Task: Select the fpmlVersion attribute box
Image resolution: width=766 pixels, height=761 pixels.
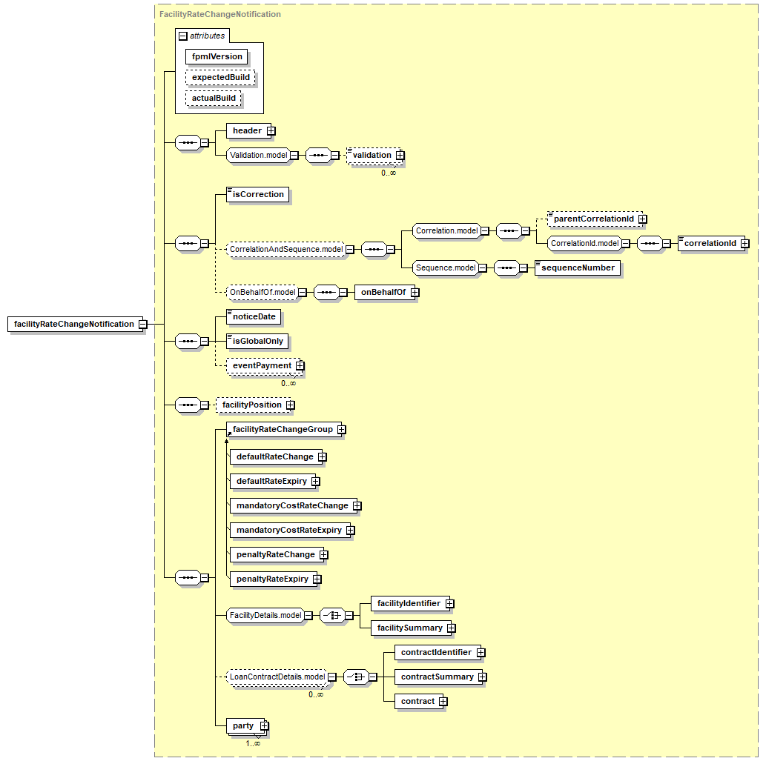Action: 217,56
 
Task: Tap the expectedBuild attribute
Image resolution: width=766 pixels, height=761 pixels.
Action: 220,77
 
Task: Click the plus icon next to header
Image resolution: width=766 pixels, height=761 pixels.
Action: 271,131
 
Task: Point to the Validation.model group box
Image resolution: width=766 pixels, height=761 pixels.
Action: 259,155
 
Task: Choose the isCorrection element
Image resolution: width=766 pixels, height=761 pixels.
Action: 257,194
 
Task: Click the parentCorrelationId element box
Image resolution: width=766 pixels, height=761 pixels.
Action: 595,219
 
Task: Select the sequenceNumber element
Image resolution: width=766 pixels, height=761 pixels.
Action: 578,268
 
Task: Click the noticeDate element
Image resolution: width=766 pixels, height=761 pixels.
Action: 254,317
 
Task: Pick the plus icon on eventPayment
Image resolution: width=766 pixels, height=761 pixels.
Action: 300,365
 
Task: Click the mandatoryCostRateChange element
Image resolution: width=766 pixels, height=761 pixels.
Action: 294,505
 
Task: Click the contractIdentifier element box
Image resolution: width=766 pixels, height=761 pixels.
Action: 438,652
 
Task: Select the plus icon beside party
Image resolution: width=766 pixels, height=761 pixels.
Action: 264,726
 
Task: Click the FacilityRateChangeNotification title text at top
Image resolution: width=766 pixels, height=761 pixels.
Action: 219,14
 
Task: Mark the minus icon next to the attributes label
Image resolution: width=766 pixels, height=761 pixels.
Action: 183,36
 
